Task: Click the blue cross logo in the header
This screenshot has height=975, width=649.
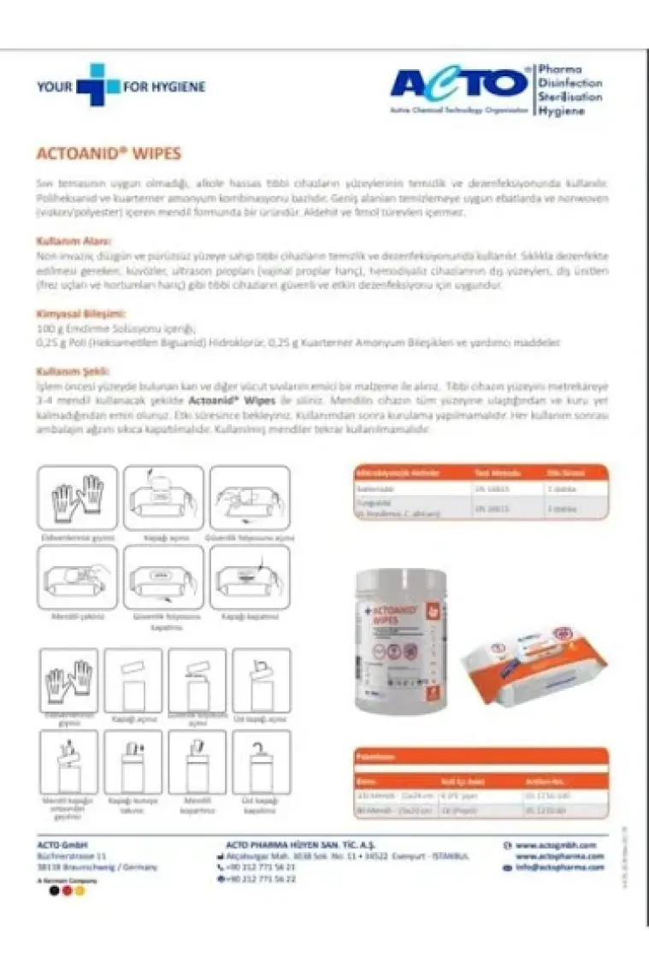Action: (97, 86)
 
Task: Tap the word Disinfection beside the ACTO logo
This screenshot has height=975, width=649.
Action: (570, 83)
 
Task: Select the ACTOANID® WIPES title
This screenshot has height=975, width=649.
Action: (109, 155)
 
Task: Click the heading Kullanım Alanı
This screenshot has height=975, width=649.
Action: (74, 241)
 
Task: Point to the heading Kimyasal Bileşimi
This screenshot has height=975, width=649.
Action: (81, 314)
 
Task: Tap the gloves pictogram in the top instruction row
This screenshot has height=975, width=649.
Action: (78, 498)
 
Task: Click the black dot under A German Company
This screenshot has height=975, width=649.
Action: (54, 890)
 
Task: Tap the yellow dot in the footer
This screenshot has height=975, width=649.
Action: (80, 890)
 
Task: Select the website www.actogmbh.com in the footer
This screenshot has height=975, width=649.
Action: (556, 844)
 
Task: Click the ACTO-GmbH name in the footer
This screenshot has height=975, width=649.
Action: (63, 844)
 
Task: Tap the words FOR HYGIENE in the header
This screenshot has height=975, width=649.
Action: (166, 86)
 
